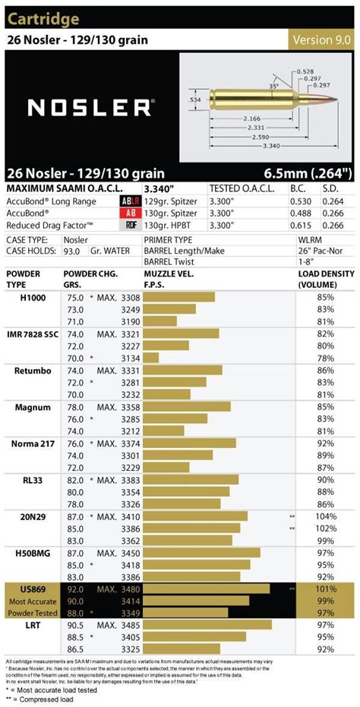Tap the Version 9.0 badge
click(322, 39)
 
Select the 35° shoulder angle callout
click(273, 87)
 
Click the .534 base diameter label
click(194, 98)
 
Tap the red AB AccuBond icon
click(130, 213)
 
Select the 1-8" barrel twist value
click(305, 260)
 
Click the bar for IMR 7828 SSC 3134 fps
click(151, 358)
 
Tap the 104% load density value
click(326, 516)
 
